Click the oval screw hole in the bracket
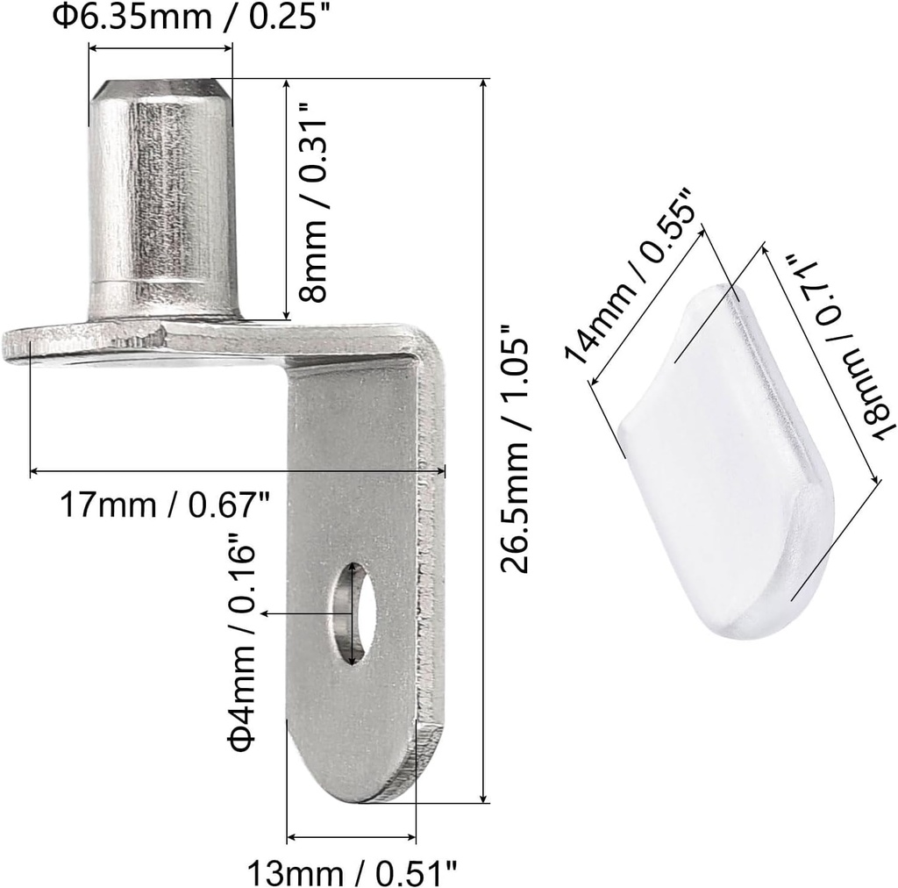tap(353, 613)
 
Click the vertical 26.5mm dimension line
tap(484, 439)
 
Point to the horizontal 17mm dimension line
tap(237, 472)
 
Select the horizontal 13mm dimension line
tap(352, 836)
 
